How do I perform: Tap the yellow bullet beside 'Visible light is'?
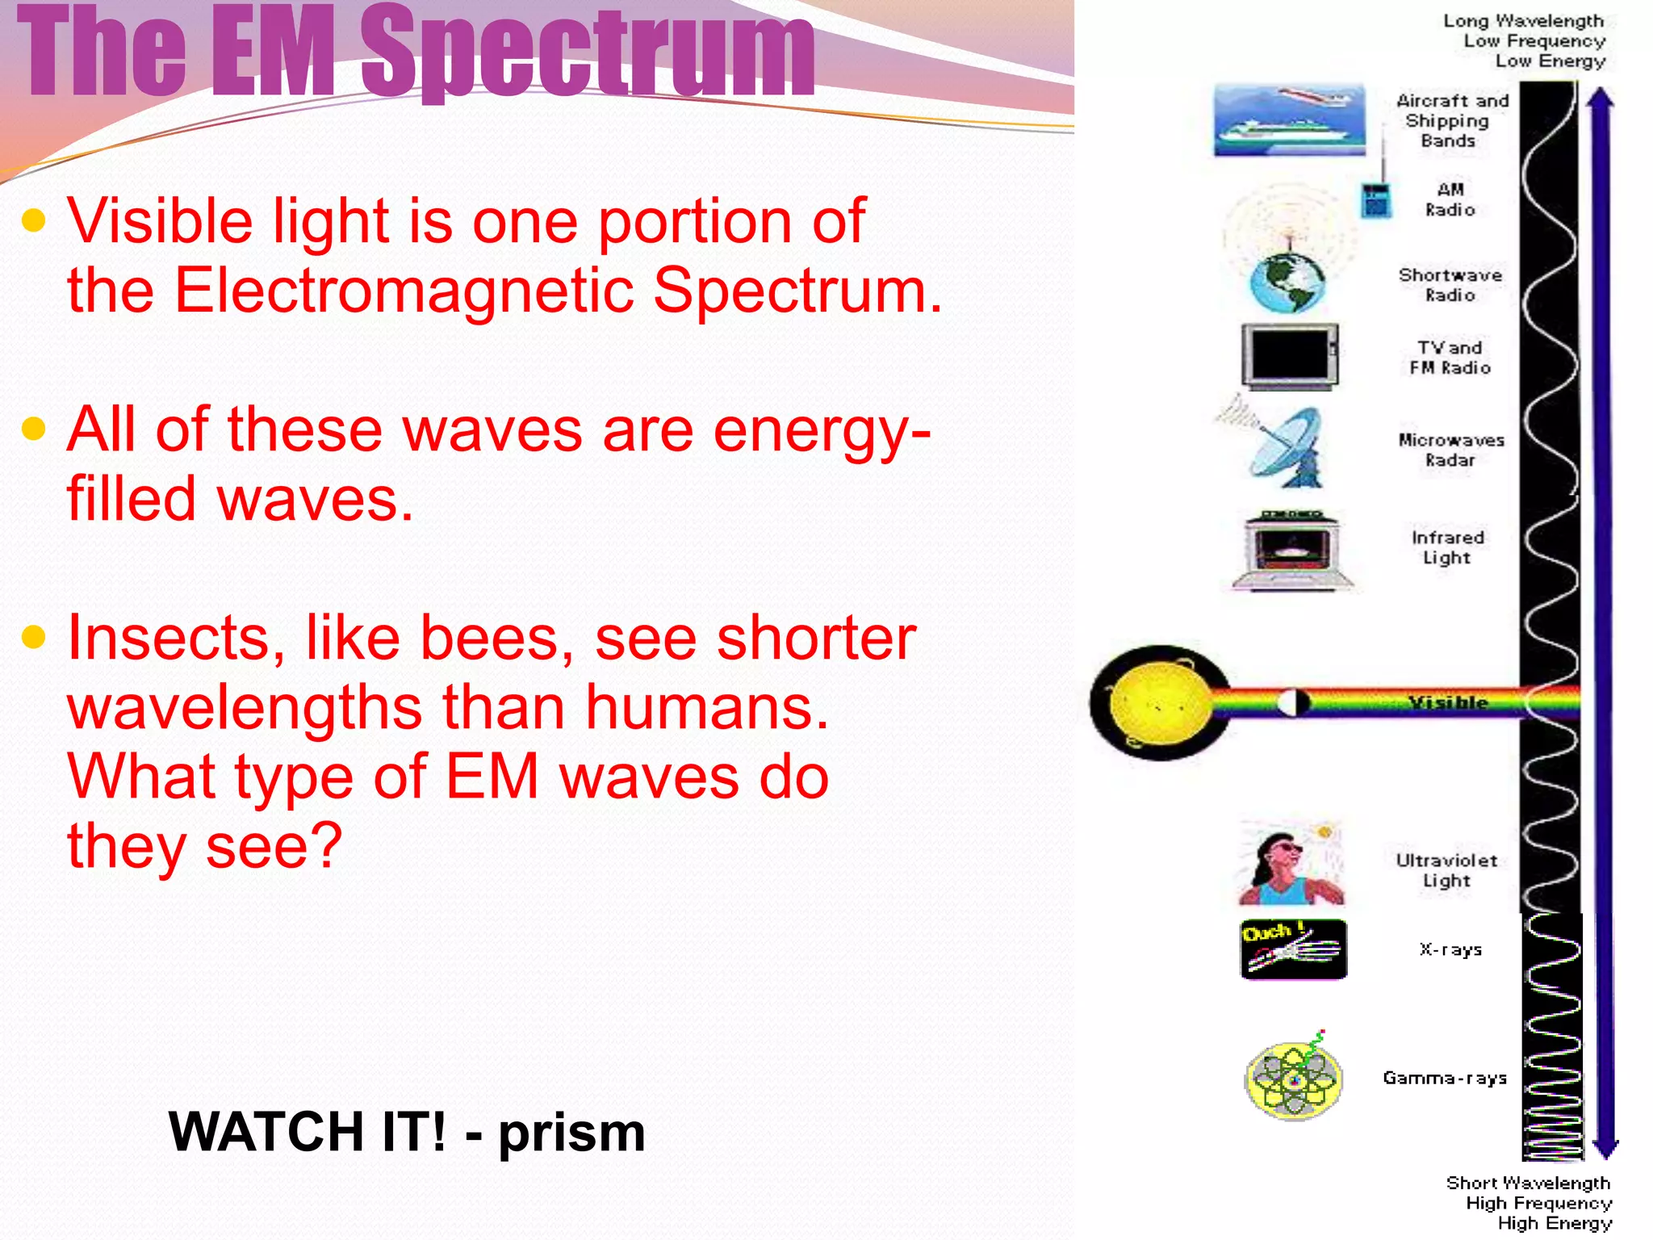pos(34,220)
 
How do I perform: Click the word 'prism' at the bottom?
pos(571,1132)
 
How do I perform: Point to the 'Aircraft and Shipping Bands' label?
pos(1450,121)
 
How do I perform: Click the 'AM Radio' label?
pos(1450,199)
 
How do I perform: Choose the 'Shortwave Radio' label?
pos(1450,285)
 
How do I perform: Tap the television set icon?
pos(1289,356)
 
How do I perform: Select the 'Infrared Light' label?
pos(1447,547)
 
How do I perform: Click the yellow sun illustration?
pos(1159,702)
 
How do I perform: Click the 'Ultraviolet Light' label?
pos(1446,870)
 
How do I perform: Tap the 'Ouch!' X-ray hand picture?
pos(1293,949)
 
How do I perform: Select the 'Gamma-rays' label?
pos(1444,1078)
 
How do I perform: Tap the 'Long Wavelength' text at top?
pos(1522,21)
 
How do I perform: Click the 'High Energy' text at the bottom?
pos(1554,1223)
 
